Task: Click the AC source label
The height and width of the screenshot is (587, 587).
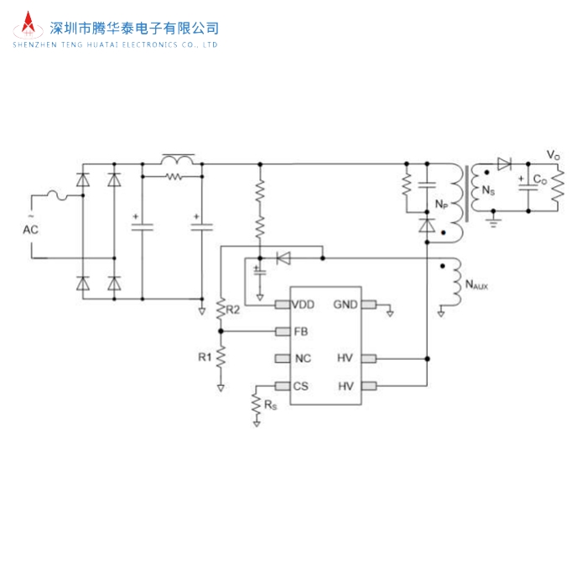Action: [30, 228]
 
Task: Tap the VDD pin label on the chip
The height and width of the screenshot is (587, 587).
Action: [304, 304]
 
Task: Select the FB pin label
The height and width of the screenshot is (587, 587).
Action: [301, 331]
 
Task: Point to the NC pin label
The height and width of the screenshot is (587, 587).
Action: [303, 359]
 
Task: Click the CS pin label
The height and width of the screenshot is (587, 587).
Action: [302, 387]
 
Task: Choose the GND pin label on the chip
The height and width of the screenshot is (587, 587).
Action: [345, 304]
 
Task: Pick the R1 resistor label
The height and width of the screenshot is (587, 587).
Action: [205, 356]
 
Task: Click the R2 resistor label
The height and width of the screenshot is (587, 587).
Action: [234, 310]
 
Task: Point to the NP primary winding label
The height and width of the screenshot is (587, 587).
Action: [440, 204]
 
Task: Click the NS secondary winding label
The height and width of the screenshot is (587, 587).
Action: [487, 190]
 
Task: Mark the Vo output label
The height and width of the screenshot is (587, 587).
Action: [553, 155]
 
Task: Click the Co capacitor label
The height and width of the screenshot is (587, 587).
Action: [541, 179]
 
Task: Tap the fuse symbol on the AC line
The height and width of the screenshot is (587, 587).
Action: [62, 196]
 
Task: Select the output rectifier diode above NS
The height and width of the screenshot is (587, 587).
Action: [503, 164]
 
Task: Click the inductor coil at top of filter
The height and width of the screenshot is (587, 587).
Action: [178, 158]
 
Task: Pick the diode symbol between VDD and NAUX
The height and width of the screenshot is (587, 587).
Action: [283, 257]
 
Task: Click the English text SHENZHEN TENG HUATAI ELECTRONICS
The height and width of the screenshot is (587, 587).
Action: [115, 44]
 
